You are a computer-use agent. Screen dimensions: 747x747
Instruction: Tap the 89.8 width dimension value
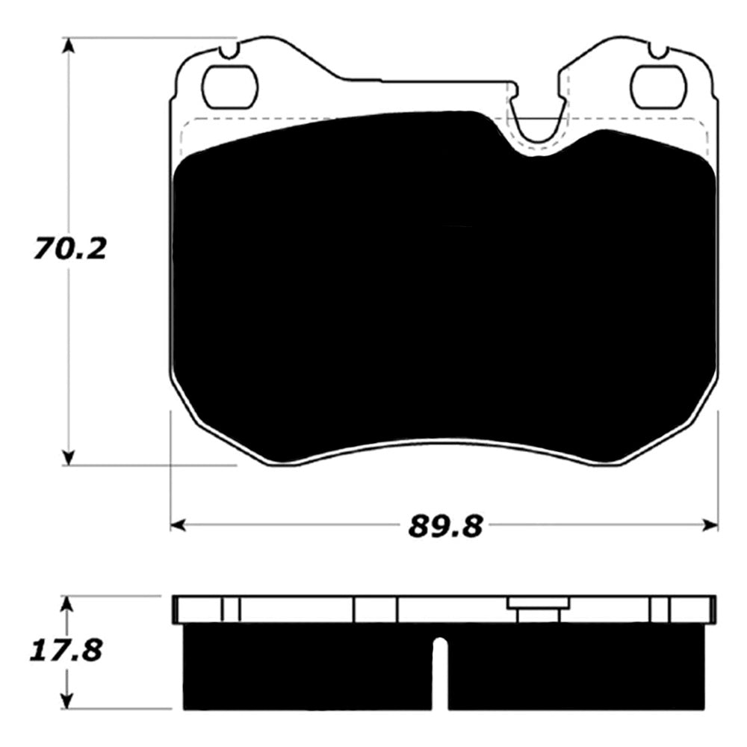[443, 526]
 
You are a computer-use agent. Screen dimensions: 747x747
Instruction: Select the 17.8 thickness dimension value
[66, 650]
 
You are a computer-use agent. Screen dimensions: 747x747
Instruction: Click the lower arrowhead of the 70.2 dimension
[69, 457]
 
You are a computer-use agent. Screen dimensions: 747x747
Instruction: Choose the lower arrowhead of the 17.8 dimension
[69, 702]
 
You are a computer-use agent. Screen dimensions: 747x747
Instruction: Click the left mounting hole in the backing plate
[231, 87]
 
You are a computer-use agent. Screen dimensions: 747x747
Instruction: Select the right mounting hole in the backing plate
[658, 87]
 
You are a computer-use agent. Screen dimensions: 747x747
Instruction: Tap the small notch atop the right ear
[658, 51]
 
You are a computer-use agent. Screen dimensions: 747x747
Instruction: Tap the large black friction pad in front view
[444, 291]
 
